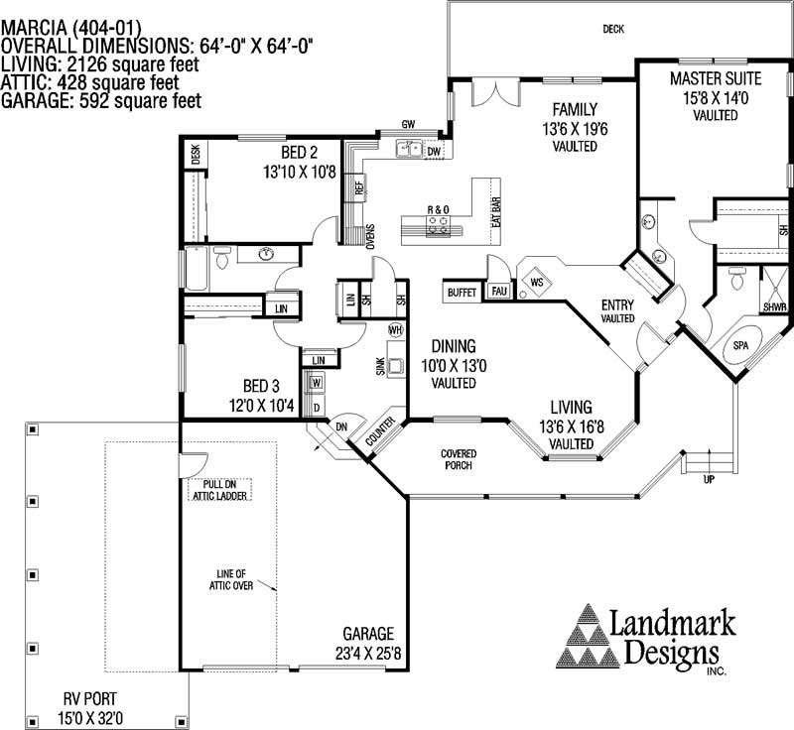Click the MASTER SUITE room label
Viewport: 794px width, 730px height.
point(716,77)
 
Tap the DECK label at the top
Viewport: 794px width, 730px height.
point(613,29)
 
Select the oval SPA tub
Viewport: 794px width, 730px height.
point(740,345)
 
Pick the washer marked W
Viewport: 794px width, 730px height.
point(318,383)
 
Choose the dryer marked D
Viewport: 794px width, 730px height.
point(318,406)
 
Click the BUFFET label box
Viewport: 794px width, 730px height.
point(462,293)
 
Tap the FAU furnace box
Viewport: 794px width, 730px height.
point(498,292)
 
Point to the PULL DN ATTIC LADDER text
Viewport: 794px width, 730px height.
point(218,489)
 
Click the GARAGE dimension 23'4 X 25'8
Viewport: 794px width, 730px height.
point(368,653)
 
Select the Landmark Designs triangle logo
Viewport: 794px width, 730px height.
point(590,637)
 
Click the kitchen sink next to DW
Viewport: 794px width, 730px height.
point(408,151)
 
